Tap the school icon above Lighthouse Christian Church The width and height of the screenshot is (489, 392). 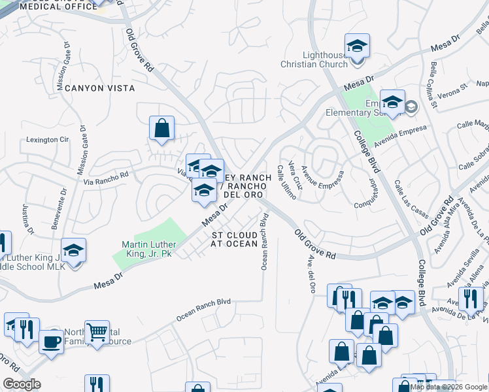[x=357, y=47]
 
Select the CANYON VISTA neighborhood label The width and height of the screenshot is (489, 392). [x=99, y=88]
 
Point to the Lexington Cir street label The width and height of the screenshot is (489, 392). [x=47, y=140]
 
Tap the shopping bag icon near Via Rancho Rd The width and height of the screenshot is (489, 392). [x=161, y=129]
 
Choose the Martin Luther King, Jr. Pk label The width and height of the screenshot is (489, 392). [x=146, y=249]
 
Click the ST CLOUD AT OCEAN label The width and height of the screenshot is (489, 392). [x=234, y=239]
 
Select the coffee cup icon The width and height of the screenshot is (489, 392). [x=51, y=341]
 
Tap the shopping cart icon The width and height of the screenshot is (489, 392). [x=97, y=332]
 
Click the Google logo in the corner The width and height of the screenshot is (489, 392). [x=21, y=384]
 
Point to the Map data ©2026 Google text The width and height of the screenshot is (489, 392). [x=448, y=387]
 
